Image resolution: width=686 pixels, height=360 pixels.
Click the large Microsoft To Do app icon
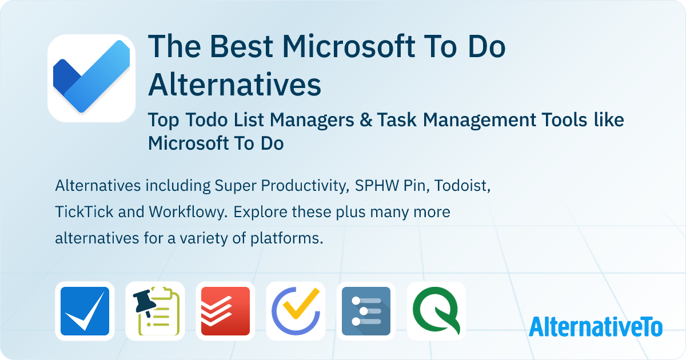[91, 78]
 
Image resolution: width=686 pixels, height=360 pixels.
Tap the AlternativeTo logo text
[595, 327]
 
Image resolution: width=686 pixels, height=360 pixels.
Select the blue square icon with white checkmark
[85, 311]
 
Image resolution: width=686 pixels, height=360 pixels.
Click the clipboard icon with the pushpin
[155, 311]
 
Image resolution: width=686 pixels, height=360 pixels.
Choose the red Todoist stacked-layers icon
[225, 311]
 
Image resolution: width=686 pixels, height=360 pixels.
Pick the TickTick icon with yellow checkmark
[296, 311]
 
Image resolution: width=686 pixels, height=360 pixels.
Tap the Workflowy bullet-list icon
[366, 311]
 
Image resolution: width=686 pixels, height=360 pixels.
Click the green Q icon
[436, 311]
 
